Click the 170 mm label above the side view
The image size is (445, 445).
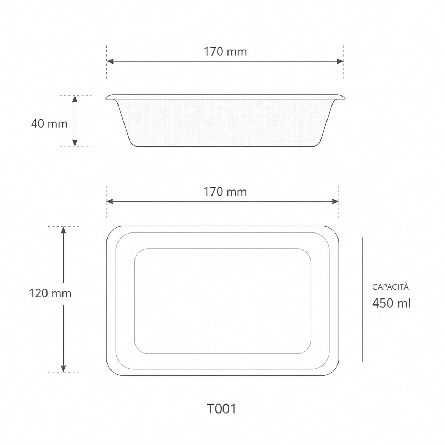pyautogui.click(x=225, y=51)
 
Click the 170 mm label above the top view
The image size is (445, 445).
pyautogui.click(x=225, y=192)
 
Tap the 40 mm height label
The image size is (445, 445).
pyautogui.click(x=49, y=124)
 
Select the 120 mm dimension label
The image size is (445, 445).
pyautogui.click(x=50, y=293)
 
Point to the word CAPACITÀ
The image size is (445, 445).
pyautogui.click(x=390, y=287)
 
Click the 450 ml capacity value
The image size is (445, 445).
pyautogui.click(x=391, y=303)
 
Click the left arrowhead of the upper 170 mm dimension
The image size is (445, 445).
pyautogui.click(x=110, y=61)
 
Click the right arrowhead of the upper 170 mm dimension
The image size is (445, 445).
pyautogui.click(x=340, y=61)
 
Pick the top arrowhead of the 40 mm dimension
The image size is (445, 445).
pyautogui.click(x=75, y=99)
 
